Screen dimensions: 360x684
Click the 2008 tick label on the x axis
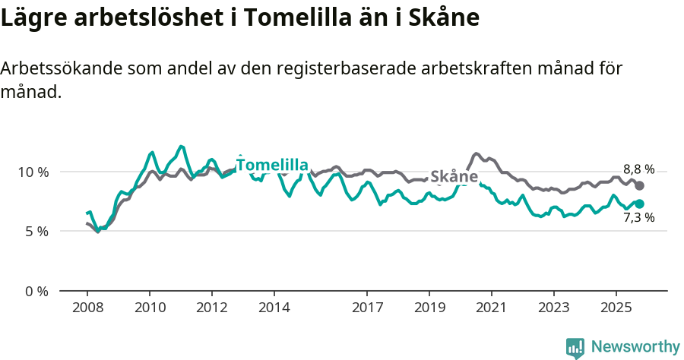point(87,308)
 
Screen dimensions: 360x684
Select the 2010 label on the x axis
point(150,308)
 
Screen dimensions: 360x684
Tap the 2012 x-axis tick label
point(212,308)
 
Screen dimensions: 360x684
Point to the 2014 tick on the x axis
point(274,308)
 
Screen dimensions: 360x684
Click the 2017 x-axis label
point(367,308)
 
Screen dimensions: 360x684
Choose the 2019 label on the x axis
point(429,308)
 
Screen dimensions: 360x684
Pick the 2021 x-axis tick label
point(492,308)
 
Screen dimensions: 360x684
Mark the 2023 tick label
point(554,308)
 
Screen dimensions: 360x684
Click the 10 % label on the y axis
point(33,172)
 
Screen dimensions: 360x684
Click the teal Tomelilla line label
point(272,166)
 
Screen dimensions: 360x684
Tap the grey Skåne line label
point(454,177)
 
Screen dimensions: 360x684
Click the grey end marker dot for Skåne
point(640,186)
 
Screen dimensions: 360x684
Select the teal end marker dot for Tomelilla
point(640,204)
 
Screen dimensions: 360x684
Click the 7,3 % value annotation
point(638,218)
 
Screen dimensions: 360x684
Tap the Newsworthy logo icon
point(575,348)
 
